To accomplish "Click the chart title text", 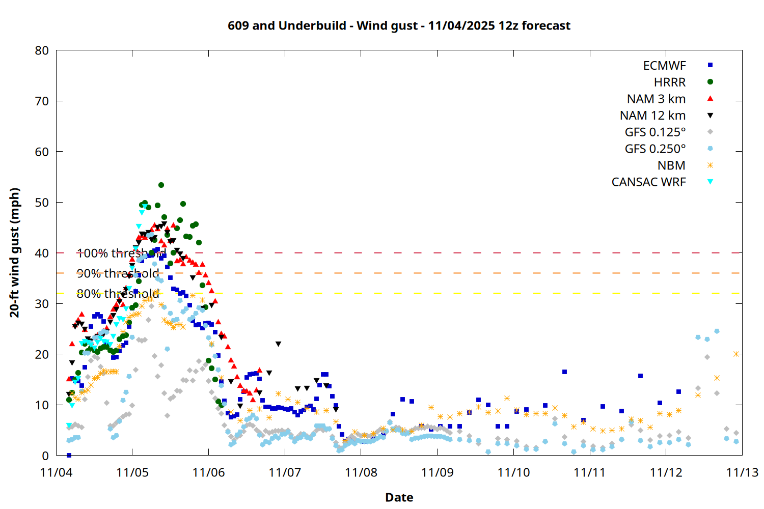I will pos(399,26).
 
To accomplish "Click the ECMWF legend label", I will pos(664,66).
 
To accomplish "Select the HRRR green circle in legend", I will pos(710,82).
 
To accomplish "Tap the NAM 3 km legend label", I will pos(656,99).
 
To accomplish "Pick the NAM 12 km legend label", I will pos(652,116).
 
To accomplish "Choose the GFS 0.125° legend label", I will pos(655,132).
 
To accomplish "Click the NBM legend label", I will pos(671,165).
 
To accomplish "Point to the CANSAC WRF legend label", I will pos(648,182).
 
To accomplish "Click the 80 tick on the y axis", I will pos(42,50).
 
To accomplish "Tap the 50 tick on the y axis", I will pos(42,202).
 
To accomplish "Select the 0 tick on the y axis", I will pos(45,456).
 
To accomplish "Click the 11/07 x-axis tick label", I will pos(285,472).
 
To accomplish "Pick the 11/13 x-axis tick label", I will pos(742,472).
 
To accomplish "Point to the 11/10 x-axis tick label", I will pos(513,472).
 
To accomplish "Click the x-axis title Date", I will pos(399,497).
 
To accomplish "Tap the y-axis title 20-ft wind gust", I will pos(15,252).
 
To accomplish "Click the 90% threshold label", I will pos(118,273).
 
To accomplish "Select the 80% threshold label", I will pos(118,294).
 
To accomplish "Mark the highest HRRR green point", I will pos(161,185).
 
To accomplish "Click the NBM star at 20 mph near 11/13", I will pos(736,354).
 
